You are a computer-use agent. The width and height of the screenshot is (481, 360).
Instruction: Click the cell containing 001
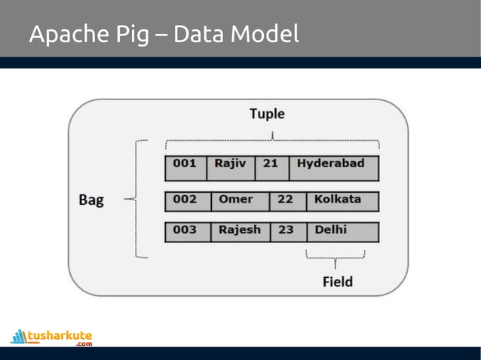tap(185, 168)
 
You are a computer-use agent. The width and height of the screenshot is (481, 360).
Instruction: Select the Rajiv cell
tap(231, 168)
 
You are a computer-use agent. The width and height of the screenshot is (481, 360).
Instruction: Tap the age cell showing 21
tap(271, 168)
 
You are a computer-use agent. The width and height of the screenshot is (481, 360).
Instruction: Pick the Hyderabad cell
tap(332, 168)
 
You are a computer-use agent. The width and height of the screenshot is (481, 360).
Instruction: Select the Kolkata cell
tap(342, 201)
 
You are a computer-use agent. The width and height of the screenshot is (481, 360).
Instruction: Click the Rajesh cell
tap(239, 232)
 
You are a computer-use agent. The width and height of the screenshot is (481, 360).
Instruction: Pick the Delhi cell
tap(342, 232)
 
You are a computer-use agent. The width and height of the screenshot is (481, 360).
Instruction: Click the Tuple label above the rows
tap(267, 114)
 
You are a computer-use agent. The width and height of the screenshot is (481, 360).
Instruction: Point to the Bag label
tap(91, 200)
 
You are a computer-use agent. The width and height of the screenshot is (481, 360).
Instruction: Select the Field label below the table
tap(337, 282)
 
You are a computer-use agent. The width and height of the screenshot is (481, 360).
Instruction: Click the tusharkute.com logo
tap(51, 337)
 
